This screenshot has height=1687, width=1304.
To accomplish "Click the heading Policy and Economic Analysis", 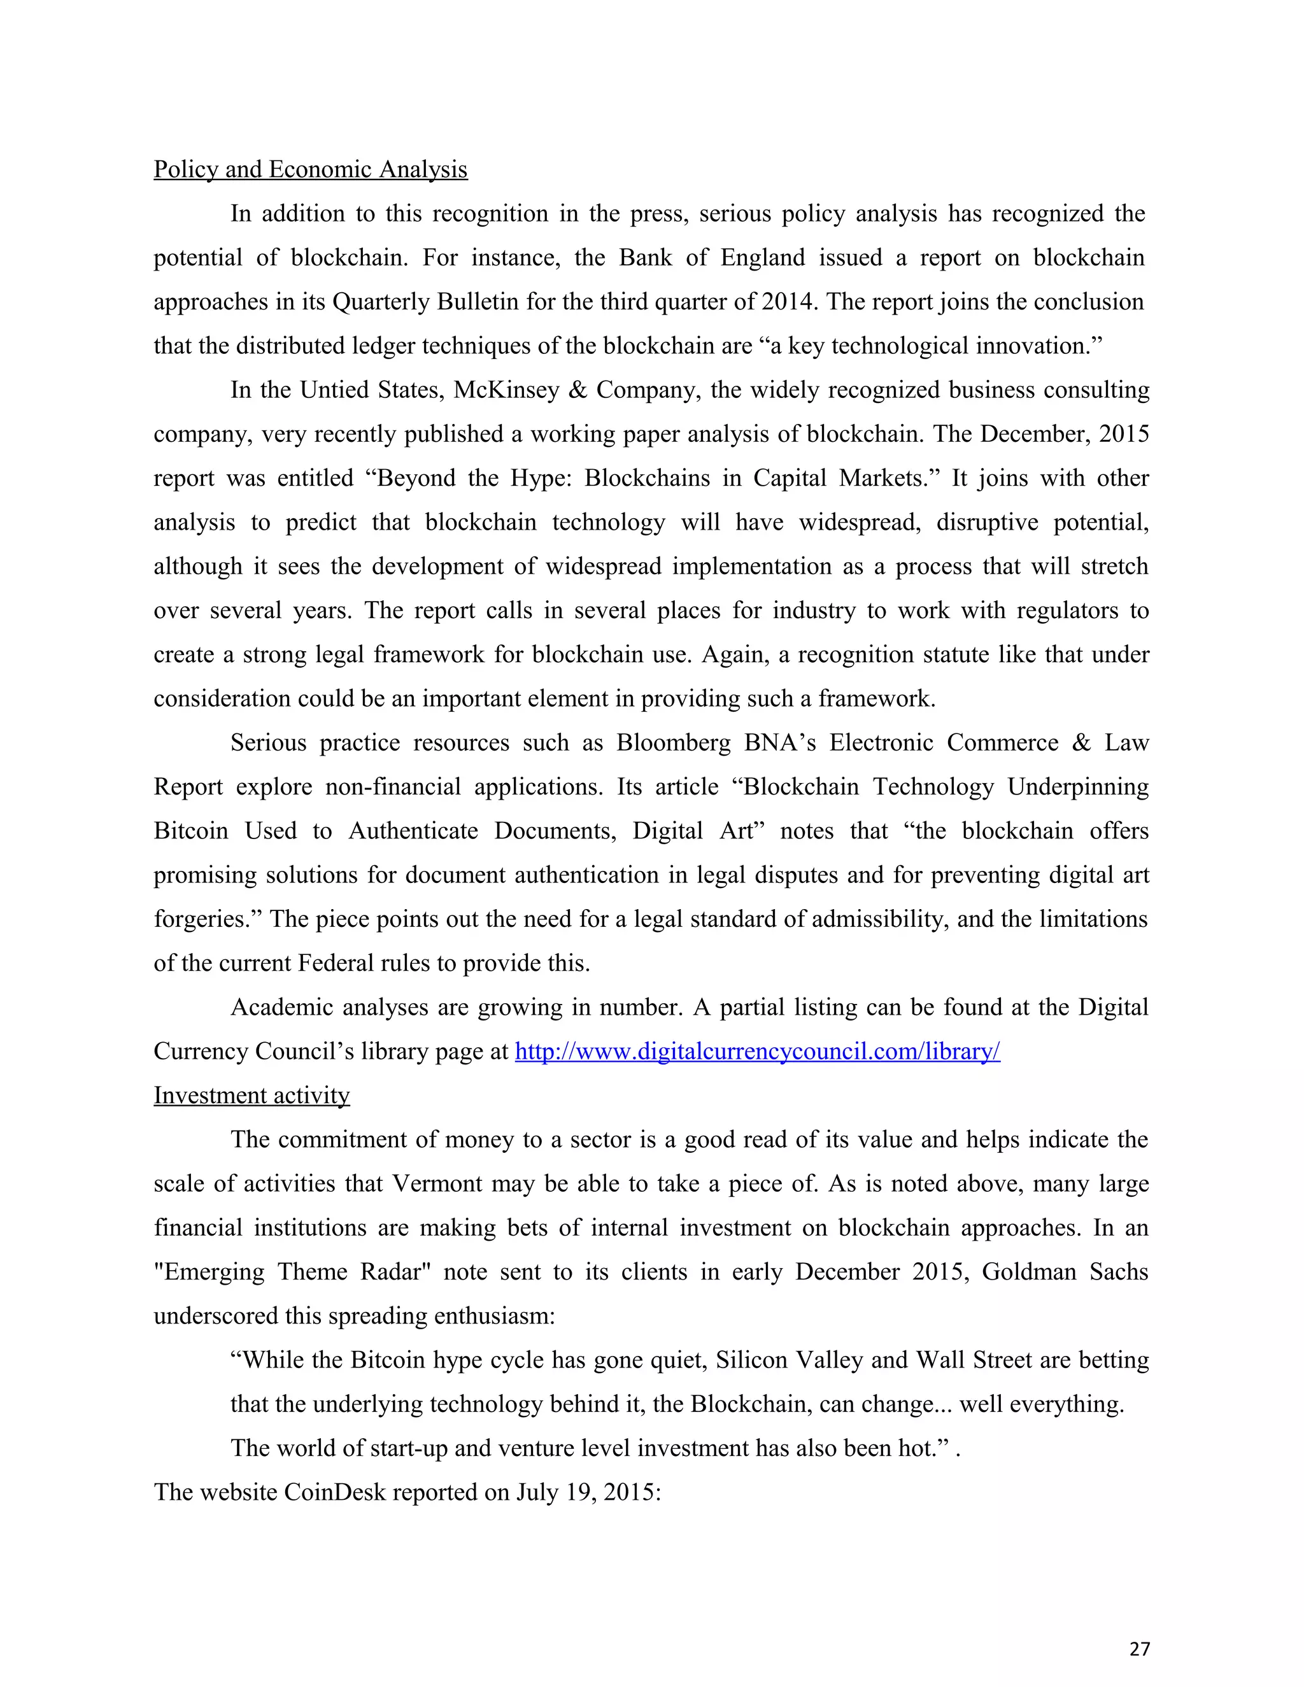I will [310, 169].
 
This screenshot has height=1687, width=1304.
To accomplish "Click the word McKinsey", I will [506, 390].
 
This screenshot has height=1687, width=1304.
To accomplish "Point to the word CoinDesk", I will [334, 1492].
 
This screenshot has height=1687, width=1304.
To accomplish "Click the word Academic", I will [280, 1008].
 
